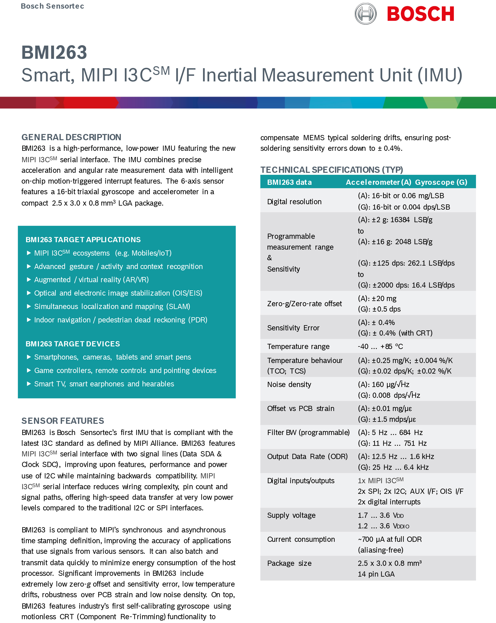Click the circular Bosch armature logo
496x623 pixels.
click(x=365, y=14)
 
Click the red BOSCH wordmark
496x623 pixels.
click(x=421, y=14)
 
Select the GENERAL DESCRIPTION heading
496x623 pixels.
click(x=71, y=137)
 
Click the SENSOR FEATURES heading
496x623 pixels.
click(x=63, y=421)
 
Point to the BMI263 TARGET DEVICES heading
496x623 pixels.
click(x=73, y=344)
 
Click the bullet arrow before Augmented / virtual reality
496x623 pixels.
click(x=29, y=280)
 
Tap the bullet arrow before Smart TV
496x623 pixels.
click(x=29, y=384)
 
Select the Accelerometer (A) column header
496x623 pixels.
click(x=378, y=182)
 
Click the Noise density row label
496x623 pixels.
click(x=289, y=385)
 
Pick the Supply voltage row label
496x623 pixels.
click(x=291, y=516)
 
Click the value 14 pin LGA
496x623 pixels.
click(x=376, y=574)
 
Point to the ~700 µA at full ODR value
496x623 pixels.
click(x=390, y=539)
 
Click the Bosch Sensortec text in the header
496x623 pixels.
click(x=52, y=6)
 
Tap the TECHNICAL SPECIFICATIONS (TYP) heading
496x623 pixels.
click(x=332, y=170)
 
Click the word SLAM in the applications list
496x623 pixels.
click(x=178, y=307)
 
